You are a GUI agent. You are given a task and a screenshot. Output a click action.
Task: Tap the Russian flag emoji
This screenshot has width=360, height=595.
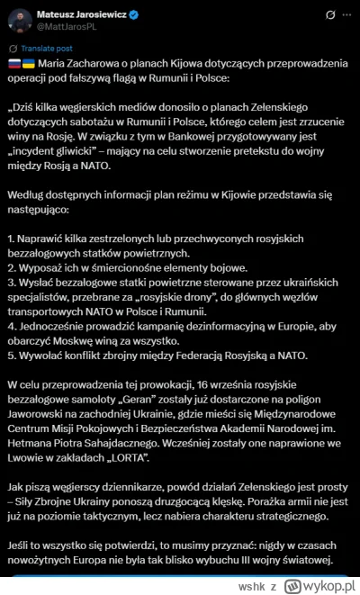pyautogui.click(x=13, y=73)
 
